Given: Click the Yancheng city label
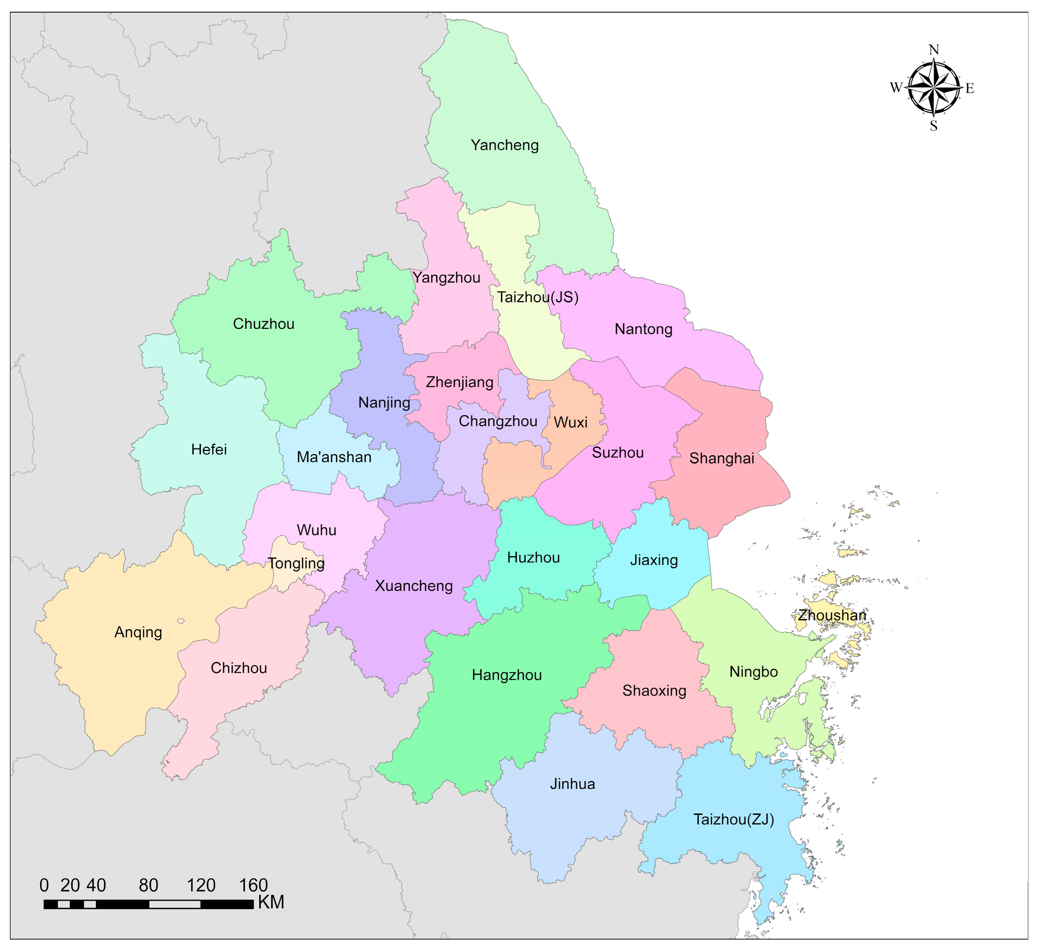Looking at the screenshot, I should coord(505,145).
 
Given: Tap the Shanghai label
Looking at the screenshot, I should coord(722,458).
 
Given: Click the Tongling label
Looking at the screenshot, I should coord(296,563).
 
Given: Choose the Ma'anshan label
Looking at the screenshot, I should coord(334,457).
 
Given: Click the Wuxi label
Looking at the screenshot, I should coord(571,423).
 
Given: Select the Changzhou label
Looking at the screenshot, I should coord(498,421).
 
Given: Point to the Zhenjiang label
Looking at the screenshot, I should coord(459,382).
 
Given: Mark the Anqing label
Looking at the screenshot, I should coord(138,632).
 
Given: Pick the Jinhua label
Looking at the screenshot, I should coord(572,784).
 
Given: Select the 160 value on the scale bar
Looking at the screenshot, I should coord(253,885).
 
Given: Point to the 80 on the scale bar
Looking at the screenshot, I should coord(149,885).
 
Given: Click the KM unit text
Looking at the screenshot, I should coord(271,903).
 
